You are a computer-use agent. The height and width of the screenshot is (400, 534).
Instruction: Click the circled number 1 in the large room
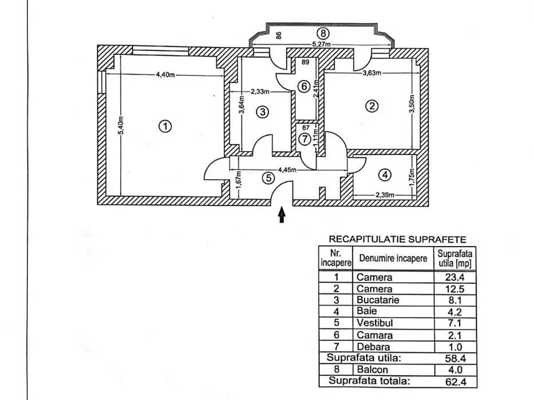tap(165, 126)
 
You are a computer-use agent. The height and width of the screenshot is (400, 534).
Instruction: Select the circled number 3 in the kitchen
tap(262, 112)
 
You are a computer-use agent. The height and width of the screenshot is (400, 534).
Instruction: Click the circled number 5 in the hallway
tap(268, 177)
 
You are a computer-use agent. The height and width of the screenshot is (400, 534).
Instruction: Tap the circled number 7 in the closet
tap(305, 138)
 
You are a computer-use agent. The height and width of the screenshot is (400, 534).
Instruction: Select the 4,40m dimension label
tap(165, 74)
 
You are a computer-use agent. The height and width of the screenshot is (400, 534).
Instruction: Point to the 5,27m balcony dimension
tap(322, 44)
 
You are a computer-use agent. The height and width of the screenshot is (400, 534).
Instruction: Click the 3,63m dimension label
tap(373, 73)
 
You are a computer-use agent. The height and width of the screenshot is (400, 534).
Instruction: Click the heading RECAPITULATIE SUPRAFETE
tap(397, 240)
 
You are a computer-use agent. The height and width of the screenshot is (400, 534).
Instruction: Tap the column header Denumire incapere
tap(393, 258)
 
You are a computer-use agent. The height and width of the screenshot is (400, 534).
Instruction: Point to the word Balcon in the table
tap(371, 370)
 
